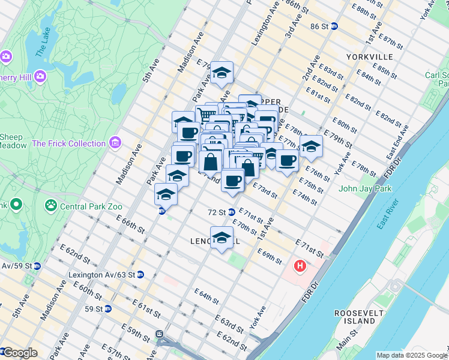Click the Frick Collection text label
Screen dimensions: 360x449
point(68,143)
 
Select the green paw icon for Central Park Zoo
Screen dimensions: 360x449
point(51,206)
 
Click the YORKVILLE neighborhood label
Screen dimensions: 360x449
point(369,57)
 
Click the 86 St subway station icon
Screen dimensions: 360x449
point(334,26)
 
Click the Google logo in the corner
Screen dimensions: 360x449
point(19,353)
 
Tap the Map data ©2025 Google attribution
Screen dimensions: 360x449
point(412,355)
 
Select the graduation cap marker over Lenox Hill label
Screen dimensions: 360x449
point(221,238)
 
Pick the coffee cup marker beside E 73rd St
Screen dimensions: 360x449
point(232,179)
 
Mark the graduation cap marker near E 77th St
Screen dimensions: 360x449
point(311,146)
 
